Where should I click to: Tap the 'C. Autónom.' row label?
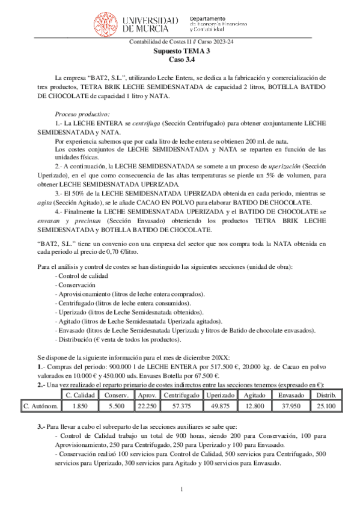pos(41,406)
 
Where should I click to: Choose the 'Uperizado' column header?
pos(219,395)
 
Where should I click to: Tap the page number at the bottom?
pos(181,493)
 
